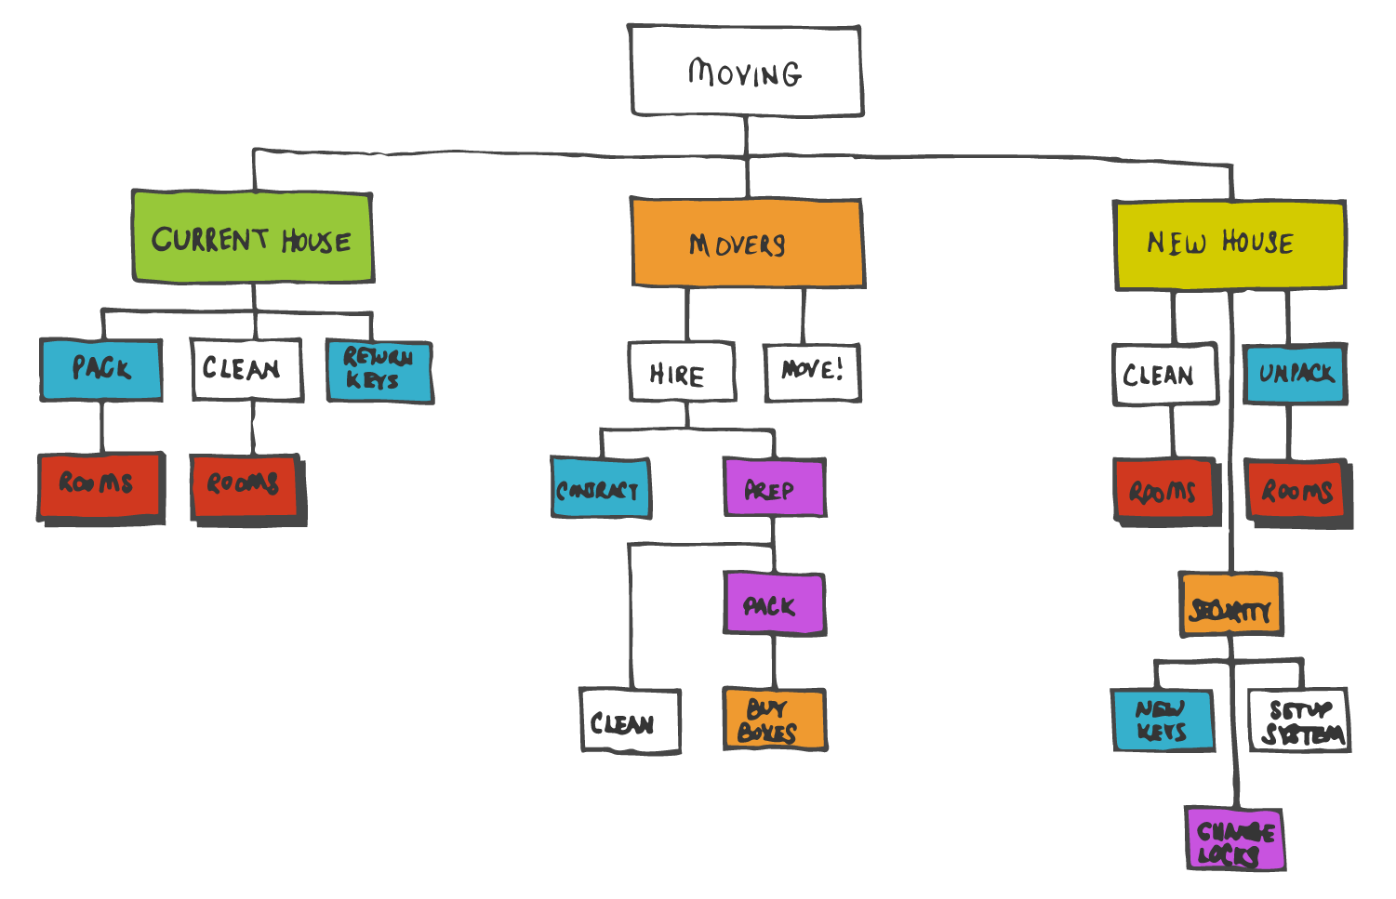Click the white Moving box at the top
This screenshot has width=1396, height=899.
[746, 72]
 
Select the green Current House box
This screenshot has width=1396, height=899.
[253, 238]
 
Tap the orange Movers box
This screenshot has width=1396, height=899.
[747, 244]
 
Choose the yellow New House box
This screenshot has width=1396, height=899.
[1230, 245]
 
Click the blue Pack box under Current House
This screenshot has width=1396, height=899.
[101, 369]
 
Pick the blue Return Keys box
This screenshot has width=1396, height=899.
[379, 371]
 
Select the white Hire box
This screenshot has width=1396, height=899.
[682, 373]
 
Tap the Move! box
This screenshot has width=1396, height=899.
[812, 372]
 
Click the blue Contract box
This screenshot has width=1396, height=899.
[600, 488]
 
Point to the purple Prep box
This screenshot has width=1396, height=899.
[774, 488]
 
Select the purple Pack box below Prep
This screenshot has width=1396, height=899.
[774, 604]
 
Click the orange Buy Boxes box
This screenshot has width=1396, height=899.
[774, 720]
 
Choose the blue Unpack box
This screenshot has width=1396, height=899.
[1296, 374]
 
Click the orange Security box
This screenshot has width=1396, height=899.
[1230, 605]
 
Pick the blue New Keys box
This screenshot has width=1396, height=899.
[1163, 720]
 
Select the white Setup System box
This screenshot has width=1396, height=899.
[1299, 721]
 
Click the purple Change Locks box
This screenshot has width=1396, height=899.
[1235, 840]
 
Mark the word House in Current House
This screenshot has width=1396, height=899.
[316, 241]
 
